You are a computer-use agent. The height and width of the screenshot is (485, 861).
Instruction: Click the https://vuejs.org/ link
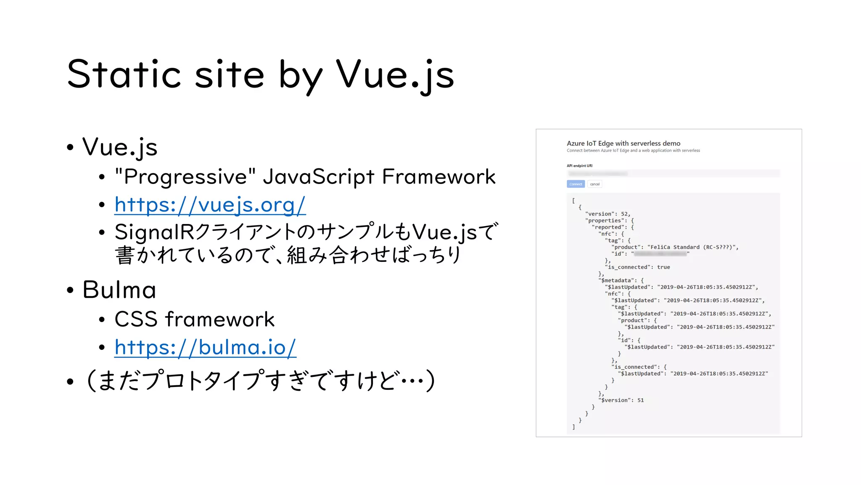pos(210,205)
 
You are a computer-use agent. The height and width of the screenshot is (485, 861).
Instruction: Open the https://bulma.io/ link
pos(205,348)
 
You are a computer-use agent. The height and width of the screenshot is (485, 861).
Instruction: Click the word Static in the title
pos(124,75)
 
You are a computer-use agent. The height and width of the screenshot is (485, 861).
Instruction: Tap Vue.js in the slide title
pos(395,75)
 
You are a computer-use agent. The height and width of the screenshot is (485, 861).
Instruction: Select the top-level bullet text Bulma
pos(119,290)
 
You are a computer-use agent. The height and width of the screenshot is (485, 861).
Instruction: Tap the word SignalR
pos(154,232)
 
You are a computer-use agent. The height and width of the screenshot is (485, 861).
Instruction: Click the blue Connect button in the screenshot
pos(576,184)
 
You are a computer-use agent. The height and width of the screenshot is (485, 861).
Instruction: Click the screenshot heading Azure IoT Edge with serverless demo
pos(623,144)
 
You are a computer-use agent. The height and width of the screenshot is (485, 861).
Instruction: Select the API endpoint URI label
pos(579,166)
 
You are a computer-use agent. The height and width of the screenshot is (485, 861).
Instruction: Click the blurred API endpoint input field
pos(673,173)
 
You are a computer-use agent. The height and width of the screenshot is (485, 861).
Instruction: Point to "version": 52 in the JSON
pos(607,214)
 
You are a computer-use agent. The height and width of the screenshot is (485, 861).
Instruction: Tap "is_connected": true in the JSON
pos(637,267)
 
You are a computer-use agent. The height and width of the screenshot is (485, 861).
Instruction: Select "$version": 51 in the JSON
pos(621,400)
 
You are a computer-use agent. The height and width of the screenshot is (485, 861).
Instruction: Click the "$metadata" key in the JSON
pos(616,280)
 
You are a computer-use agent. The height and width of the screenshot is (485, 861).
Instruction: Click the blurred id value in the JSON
pos(660,254)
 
